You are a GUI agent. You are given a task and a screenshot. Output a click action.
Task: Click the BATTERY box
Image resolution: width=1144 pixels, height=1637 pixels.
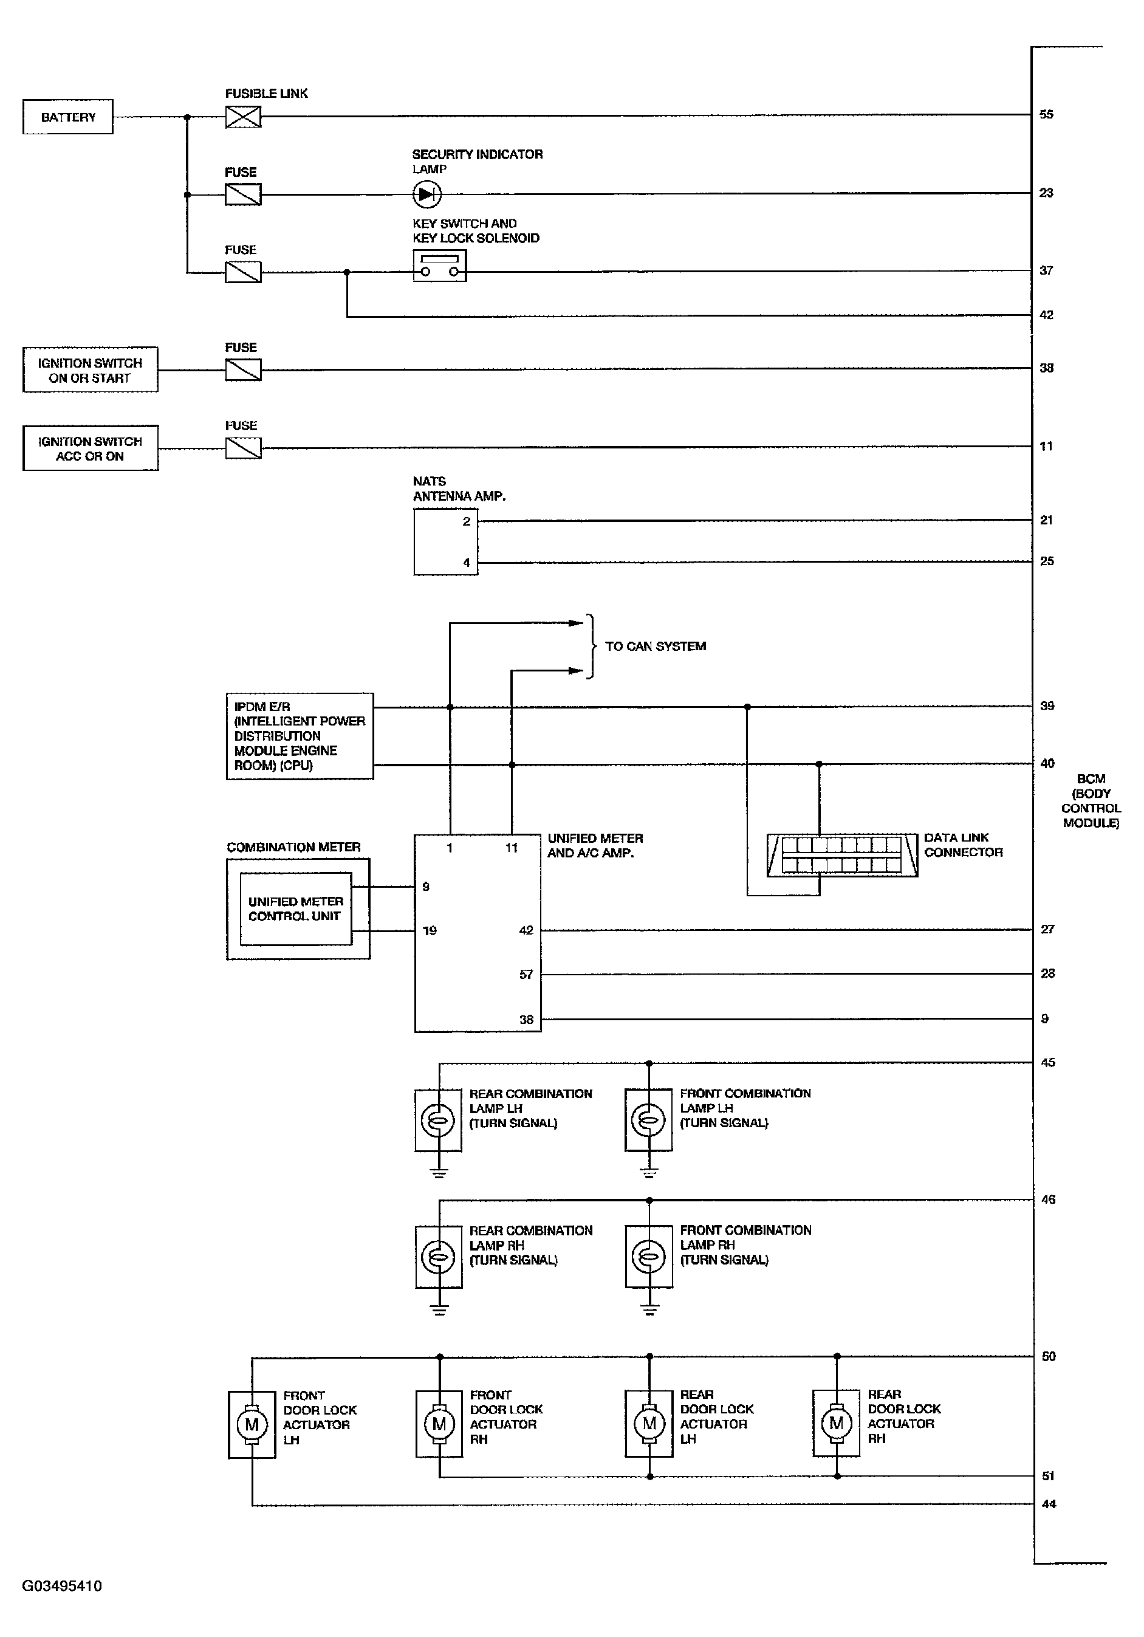[67, 117]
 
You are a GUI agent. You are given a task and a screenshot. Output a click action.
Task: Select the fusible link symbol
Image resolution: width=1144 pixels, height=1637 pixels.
[243, 116]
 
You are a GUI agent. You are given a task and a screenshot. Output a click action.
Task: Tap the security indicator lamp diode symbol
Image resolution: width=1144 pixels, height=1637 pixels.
[427, 194]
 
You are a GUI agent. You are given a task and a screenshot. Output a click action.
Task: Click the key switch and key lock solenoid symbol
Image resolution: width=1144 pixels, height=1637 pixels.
[440, 266]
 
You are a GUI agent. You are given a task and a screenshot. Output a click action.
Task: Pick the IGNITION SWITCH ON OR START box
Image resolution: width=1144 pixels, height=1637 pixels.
[90, 370]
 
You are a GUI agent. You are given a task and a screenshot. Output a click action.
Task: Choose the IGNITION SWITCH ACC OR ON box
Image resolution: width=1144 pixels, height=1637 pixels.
[90, 448]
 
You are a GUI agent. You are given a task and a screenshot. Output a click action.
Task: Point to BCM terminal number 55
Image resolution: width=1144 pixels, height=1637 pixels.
[1046, 114]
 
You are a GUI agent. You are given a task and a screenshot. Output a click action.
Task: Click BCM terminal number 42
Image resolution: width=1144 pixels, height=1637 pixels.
[1046, 315]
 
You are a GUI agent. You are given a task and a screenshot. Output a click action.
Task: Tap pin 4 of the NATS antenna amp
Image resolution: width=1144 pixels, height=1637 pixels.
[466, 563]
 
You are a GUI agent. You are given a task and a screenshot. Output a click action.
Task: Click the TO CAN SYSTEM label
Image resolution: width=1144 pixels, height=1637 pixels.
[655, 647]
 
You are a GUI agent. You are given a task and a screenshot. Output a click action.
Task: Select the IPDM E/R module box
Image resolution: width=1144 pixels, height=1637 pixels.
[300, 736]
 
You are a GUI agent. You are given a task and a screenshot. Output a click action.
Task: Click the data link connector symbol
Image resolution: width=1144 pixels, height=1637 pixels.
[842, 855]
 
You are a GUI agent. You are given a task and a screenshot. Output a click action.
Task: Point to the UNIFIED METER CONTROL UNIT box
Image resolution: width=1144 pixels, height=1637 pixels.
[296, 909]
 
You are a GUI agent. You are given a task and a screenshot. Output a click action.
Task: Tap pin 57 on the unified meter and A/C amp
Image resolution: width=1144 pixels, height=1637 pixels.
[526, 975]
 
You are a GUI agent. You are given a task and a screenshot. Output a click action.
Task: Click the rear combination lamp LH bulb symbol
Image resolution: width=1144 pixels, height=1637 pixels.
[439, 1120]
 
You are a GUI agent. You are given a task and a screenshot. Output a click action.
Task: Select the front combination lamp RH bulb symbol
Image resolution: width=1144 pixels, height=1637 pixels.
[649, 1257]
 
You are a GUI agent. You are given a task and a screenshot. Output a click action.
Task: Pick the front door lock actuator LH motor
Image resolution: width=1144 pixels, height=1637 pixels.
[252, 1426]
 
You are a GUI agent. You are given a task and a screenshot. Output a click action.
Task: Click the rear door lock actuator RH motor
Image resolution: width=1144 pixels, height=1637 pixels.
[836, 1424]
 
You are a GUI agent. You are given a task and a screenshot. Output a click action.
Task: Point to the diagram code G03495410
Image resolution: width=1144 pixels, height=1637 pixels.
[62, 1587]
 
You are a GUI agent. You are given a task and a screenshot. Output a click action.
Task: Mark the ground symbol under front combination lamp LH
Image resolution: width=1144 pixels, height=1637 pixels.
[649, 1172]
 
